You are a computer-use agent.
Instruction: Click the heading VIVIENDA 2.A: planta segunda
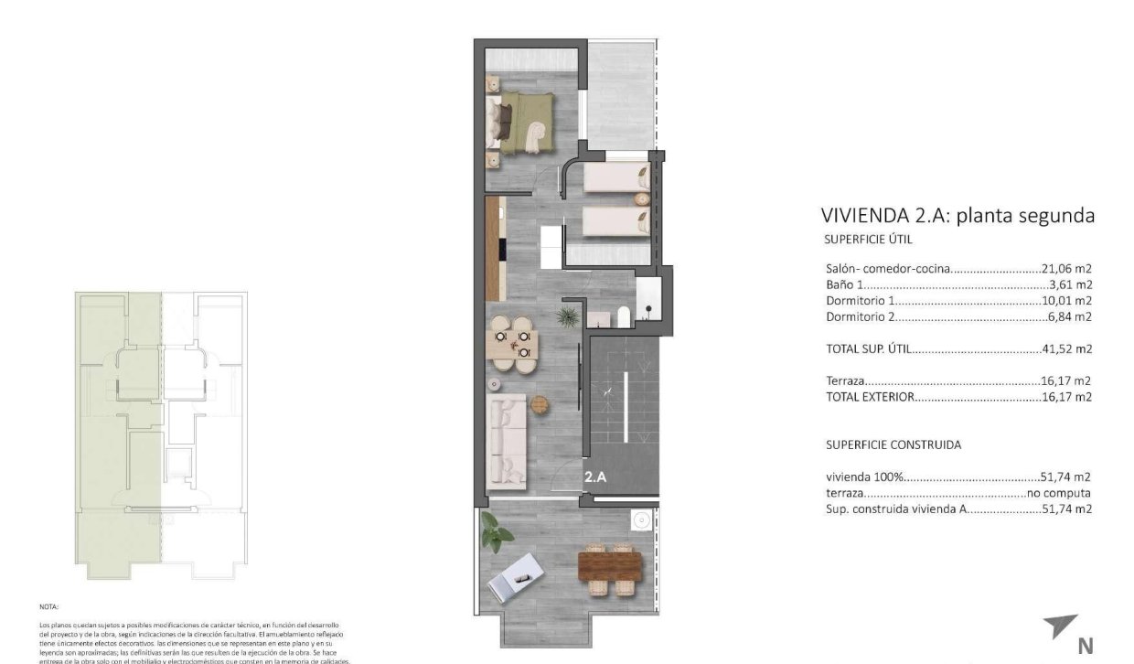tap(957, 216)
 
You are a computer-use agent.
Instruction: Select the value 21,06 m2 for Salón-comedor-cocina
tap(1067, 269)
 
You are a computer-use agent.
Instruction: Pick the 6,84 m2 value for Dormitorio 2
tap(1071, 316)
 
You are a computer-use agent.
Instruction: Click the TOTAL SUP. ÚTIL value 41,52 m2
tap(1067, 348)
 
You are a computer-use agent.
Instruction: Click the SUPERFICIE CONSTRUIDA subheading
tap(893, 444)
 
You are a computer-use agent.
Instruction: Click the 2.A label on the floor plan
tap(596, 476)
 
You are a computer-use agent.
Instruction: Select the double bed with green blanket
tap(522, 123)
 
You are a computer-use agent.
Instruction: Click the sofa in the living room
tap(506, 440)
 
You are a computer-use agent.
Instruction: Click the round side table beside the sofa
tap(539, 403)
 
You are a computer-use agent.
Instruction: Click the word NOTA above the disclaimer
tap(48, 606)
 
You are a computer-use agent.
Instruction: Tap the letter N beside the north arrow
tap(1086, 646)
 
